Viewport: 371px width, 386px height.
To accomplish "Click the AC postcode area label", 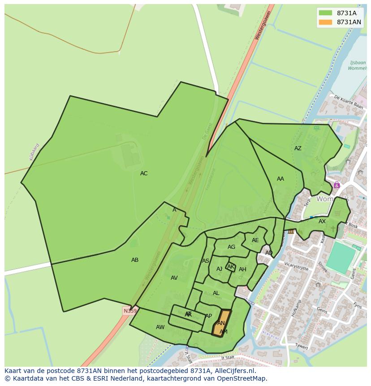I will point(143,173).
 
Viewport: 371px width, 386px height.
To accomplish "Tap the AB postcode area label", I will point(135,260).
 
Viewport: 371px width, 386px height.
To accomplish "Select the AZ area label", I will point(298,148).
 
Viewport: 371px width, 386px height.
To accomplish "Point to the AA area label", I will point(280,179).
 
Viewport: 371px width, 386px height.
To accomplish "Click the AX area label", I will point(322,221).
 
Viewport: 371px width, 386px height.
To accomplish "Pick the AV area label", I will point(174,278).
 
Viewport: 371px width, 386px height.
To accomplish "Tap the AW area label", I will point(160,327).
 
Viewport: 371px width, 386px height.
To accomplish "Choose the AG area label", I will point(231,247).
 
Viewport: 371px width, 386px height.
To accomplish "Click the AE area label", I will point(255,240).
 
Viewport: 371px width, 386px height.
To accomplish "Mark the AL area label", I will point(216,293).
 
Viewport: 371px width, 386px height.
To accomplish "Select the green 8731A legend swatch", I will point(326,13).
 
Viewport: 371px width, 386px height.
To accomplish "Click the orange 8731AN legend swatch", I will point(326,22).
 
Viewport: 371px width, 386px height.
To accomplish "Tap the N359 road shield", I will point(130,311).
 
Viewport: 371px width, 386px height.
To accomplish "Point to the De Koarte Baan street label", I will point(348,102).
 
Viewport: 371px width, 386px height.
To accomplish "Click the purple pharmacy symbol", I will point(336,185).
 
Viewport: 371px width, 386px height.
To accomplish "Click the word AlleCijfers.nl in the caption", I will point(233,371).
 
